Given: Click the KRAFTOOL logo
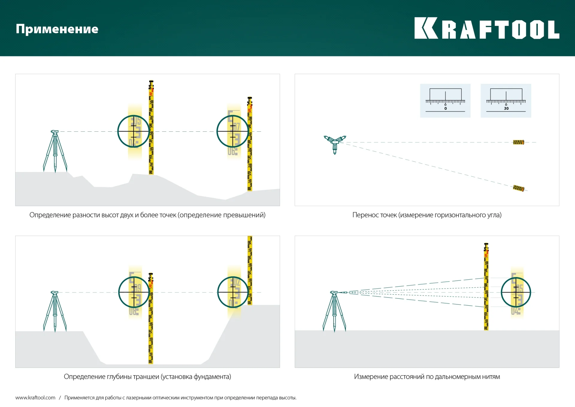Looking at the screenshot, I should [486, 29].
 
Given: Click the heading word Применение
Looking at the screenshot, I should [57, 29].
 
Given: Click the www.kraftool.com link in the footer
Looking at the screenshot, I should [35, 398].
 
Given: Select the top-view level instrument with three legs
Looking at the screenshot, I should [335, 143].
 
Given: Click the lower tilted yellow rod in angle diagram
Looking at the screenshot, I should [518, 188].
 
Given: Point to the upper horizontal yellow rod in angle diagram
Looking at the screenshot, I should [518, 142].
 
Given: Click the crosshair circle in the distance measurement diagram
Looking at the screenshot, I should [516, 292].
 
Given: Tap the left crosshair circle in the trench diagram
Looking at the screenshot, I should [134, 292].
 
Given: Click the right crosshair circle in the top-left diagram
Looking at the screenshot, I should [233, 131].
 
